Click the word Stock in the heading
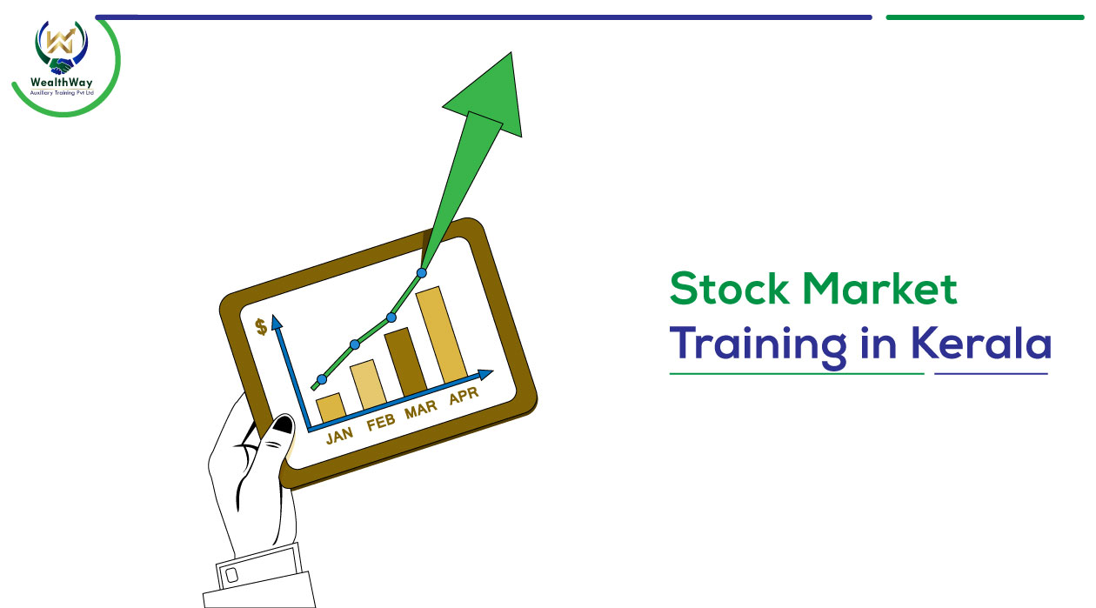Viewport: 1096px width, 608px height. point(729,289)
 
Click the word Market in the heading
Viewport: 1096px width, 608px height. point(879,289)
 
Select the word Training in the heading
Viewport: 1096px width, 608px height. point(758,344)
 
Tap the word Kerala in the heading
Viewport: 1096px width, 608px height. point(981,343)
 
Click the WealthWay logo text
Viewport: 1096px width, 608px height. point(61,82)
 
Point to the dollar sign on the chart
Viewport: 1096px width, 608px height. point(262,327)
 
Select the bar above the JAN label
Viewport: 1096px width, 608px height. point(331,407)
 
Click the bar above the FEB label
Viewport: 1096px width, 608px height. point(369,384)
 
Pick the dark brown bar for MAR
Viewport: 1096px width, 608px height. point(405,362)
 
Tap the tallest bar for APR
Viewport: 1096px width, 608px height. point(441,335)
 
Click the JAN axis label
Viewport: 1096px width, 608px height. point(339,435)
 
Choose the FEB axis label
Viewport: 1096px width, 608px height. point(381,422)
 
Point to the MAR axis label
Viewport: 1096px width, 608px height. point(421,409)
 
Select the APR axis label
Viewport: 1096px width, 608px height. point(464,395)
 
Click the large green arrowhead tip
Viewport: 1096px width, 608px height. point(511,53)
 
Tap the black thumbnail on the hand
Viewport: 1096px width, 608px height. point(284,424)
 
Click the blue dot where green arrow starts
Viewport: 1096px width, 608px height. point(422,272)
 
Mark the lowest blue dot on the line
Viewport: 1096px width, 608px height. point(322,379)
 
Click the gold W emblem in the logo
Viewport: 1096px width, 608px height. point(61,41)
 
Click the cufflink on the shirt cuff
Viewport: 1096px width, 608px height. point(232,575)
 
